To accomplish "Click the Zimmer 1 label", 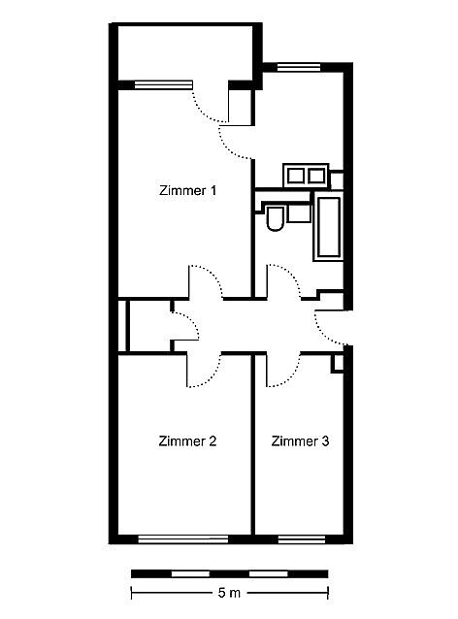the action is [x=188, y=191].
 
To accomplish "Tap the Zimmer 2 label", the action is [x=187, y=440].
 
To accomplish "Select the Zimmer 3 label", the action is [x=300, y=440].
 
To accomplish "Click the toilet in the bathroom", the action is [x=275, y=218].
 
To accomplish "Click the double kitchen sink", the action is [x=306, y=176].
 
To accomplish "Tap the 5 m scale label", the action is [x=229, y=593].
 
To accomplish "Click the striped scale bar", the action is [x=229, y=573].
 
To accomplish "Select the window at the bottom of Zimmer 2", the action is [x=183, y=539].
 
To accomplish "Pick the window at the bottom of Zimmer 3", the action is [x=302, y=539].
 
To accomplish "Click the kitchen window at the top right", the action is [x=299, y=67].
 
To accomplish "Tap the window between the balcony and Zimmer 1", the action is [x=163, y=84].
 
